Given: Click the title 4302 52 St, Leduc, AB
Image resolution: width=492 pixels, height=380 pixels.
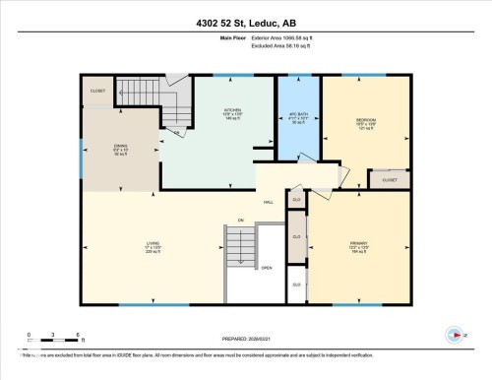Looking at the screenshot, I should [245, 22].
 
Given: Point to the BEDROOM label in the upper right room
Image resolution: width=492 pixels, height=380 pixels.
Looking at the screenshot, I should [365, 122].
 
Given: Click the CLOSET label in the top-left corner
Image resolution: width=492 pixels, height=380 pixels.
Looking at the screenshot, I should [97, 91].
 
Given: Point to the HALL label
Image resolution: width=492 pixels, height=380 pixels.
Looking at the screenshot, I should [268, 203].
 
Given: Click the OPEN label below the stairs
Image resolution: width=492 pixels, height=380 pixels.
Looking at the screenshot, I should [266, 269].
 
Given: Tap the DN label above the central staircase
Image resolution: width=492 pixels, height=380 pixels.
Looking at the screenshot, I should [239, 219].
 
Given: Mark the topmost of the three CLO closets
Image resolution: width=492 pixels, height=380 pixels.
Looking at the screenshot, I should [296, 200].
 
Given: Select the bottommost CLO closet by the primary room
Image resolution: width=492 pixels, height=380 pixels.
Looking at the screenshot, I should [296, 285].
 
